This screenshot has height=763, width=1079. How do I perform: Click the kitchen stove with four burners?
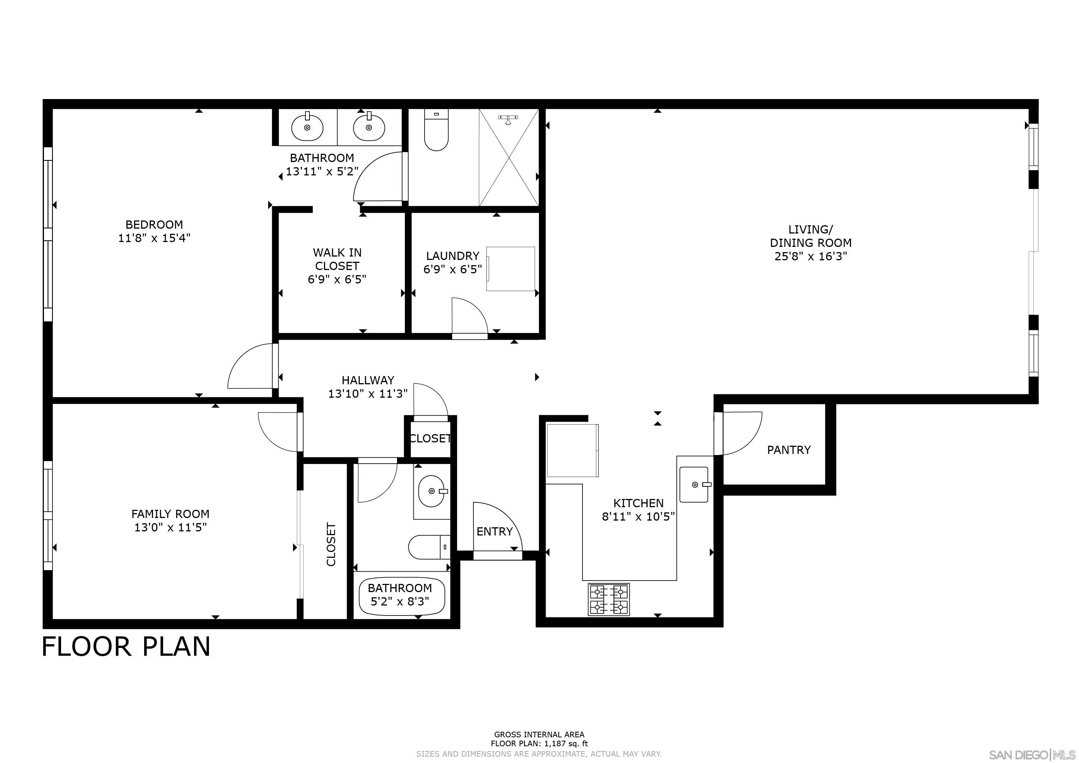click(x=609, y=600)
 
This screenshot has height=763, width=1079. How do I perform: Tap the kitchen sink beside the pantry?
click(x=694, y=484)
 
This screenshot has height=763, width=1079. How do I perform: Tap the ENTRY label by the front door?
click(x=494, y=531)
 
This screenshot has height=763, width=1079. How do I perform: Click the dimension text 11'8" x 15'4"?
click(x=154, y=238)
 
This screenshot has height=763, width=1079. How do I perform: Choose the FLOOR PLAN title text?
click(x=126, y=646)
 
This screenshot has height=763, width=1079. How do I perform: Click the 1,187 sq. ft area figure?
click(x=566, y=744)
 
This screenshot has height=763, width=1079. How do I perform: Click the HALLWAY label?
click(x=368, y=380)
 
